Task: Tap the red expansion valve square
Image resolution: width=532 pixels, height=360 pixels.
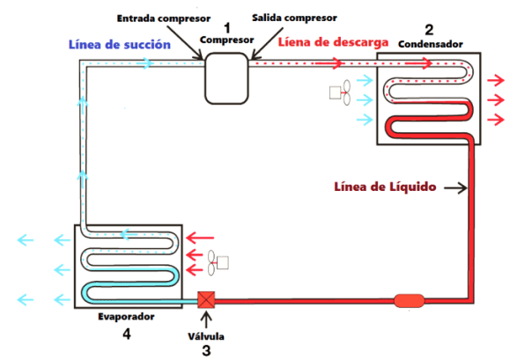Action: click(x=206, y=299)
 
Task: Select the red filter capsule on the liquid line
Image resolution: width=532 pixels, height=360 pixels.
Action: click(x=410, y=300)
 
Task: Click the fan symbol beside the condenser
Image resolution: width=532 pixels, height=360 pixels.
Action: click(x=340, y=91)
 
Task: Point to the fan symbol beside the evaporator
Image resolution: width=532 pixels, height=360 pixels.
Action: click(x=217, y=261)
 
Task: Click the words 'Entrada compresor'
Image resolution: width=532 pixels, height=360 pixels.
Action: click(x=158, y=17)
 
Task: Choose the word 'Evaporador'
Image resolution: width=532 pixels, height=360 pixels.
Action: click(x=126, y=315)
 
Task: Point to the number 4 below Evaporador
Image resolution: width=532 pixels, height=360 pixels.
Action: click(x=126, y=334)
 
